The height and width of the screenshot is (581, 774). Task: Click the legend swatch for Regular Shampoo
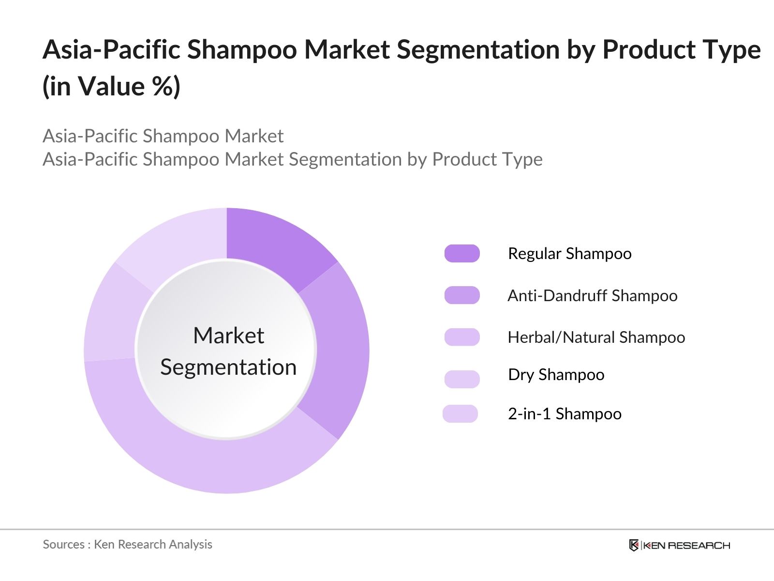click(462, 253)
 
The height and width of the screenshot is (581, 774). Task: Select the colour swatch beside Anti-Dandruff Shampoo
click(462, 295)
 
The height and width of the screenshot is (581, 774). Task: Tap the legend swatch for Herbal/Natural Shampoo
click(462, 337)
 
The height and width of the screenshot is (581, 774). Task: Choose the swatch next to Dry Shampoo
click(462, 379)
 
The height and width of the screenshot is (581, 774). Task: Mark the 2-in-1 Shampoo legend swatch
click(460, 414)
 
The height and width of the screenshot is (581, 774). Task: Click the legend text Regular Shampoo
click(569, 254)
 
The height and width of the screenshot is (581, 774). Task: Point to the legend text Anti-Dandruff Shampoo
click(592, 295)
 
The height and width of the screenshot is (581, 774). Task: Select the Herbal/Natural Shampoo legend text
click(596, 337)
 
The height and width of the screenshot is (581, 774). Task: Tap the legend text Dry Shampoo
click(556, 375)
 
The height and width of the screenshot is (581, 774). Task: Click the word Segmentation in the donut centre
click(228, 367)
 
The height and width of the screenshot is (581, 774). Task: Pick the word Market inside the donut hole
click(228, 336)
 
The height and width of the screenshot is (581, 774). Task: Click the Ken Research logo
click(679, 545)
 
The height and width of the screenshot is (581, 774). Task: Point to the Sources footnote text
click(127, 544)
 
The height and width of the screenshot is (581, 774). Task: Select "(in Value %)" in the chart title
click(112, 87)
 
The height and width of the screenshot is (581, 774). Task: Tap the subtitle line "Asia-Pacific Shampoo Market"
click(163, 136)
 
